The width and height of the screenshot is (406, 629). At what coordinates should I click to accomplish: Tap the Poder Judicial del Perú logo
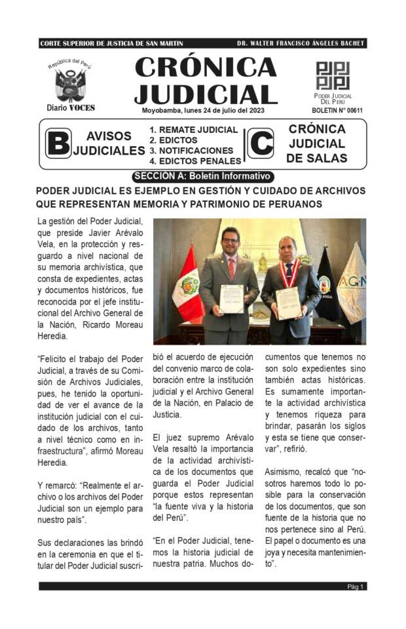333,75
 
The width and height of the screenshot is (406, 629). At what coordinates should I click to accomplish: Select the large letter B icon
59,143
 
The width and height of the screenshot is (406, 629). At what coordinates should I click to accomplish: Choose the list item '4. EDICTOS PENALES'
195,161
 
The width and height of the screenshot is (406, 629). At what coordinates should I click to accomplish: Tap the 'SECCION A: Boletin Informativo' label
202,176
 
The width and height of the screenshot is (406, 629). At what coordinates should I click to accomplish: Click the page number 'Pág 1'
356,586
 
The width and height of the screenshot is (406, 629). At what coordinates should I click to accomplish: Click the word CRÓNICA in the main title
206,67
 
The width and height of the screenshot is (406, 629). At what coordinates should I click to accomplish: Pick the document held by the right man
288,303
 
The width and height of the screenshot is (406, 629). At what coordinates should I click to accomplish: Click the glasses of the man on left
230,241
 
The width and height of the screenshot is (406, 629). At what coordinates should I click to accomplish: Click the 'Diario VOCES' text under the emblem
71,107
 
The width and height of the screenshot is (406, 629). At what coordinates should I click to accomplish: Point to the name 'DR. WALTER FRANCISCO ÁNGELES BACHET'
301,43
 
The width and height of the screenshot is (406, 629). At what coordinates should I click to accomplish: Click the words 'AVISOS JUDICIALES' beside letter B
109,143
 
